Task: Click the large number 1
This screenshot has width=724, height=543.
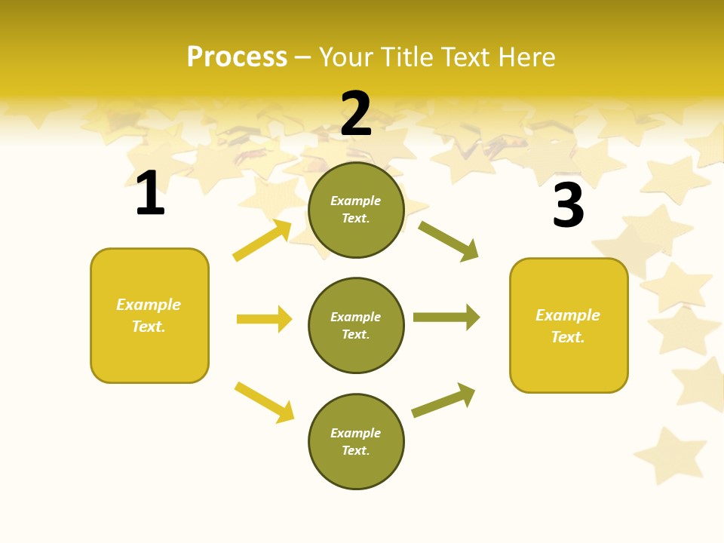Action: pyautogui.click(x=150, y=193)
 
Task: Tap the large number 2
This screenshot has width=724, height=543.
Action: pyautogui.click(x=356, y=114)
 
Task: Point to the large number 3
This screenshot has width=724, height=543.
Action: pyautogui.click(x=569, y=206)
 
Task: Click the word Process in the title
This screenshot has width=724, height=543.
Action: pyautogui.click(x=237, y=57)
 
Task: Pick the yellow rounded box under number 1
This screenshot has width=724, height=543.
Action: pyautogui.click(x=149, y=315)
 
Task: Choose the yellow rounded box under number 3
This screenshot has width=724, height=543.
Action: pyautogui.click(x=569, y=325)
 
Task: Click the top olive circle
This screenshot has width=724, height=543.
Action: pyautogui.click(x=356, y=210)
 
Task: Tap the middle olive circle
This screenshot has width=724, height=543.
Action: pyautogui.click(x=356, y=326)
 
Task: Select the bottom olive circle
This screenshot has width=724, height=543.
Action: pyautogui.click(x=356, y=441)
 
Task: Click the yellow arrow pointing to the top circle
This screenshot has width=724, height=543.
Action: pyautogui.click(x=262, y=241)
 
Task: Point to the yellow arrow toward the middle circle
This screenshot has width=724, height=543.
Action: pyautogui.click(x=264, y=319)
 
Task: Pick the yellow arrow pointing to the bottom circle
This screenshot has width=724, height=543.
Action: pyautogui.click(x=264, y=402)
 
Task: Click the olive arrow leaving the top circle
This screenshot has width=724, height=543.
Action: pyautogui.click(x=449, y=241)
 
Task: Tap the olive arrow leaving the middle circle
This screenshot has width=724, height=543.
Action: pyautogui.click(x=446, y=317)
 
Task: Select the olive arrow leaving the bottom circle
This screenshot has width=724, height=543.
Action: pyautogui.click(x=443, y=400)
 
